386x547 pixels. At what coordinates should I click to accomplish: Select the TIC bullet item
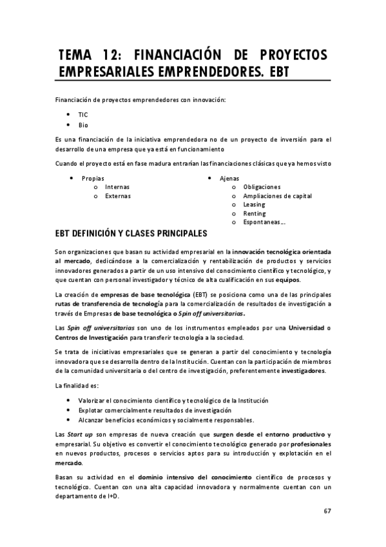pyautogui.click(x=83, y=114)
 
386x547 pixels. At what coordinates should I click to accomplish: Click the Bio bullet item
pyautogui.click(x=83, y=124)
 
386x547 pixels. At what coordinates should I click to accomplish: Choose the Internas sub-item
pyautogui.click(x=117, y=186)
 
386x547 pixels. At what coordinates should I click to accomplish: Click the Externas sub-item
pyautogui.click(x=118, y=195)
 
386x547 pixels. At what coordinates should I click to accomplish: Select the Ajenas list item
pyautogui.click(x=229, y=177)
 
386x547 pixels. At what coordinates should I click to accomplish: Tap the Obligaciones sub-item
pyautogui.click(x=262, y=186)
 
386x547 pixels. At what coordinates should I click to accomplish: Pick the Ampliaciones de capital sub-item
pyautogui.click(x=278, y=195)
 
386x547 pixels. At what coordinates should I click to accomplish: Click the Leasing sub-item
pyautogui.click(x=254, y=204)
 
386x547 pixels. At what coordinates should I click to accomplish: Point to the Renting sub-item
pyautogui.click(x=254, y=214)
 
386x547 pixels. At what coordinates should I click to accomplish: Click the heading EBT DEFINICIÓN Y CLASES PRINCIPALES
pyautogui.click(x=131, y=234)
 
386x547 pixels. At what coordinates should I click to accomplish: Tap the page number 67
pyautogui.click(x=327, y=512)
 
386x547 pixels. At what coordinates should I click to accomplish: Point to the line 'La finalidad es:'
pyautogui.click(x=77, y=386)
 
